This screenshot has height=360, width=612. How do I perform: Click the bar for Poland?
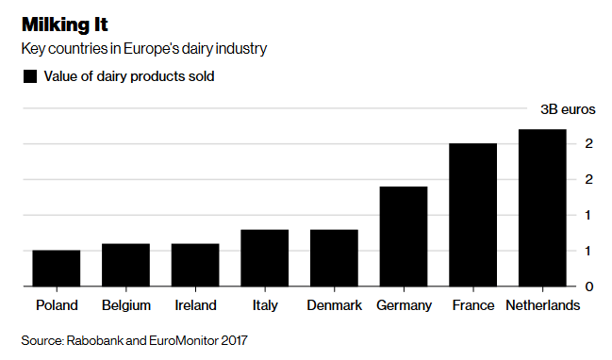(x=57, y=269)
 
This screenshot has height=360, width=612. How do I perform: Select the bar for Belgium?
(x=125, y=265)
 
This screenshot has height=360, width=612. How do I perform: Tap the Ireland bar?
(x=195, y=265)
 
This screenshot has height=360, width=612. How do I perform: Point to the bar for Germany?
(x=404, y=237)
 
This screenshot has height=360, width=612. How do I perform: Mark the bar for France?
(x=472, y=215)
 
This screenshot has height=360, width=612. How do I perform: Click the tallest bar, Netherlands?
(x=542, y=208)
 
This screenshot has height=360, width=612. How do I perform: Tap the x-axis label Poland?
(x=57, y=305)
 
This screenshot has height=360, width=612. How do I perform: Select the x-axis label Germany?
(x=404, y=305)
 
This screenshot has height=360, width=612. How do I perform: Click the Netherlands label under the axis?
(x=542, y=305)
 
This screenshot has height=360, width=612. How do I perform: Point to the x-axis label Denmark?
(x=334, y=305)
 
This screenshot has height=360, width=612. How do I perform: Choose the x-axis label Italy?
(x=265, y=305)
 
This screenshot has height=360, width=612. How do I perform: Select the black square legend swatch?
(x=29, y=76)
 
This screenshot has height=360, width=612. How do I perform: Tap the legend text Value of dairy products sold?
(x=129, y=76)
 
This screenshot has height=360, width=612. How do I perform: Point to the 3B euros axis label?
(x=567, y=108)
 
